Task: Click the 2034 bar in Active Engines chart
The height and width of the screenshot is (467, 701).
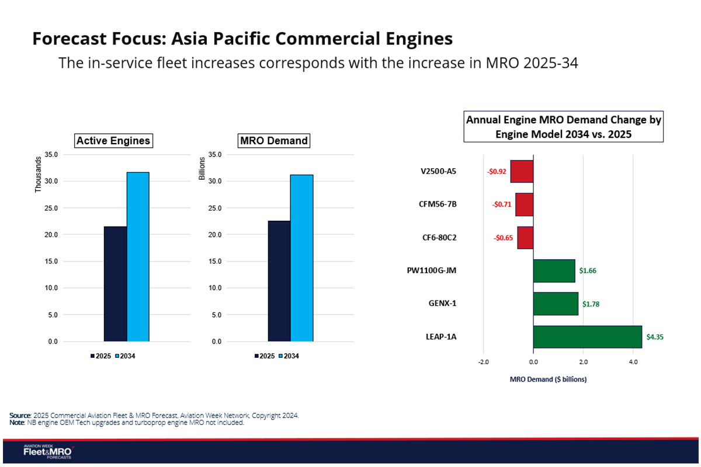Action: coord(138,257)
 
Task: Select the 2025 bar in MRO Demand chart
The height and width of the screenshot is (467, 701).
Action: coord(279,281)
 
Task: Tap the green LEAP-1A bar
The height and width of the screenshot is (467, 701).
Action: coord(587,337)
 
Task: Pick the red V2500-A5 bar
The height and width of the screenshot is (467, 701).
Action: coord(522,172)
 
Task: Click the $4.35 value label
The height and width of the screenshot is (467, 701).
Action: coord(655,337)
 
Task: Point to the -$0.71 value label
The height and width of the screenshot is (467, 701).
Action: coord(502,205)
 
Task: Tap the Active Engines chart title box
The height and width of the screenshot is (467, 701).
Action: coord(113,141)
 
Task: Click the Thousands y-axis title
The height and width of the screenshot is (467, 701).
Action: coord(39,175)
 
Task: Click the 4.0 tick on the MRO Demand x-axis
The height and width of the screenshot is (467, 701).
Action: coord(633,362)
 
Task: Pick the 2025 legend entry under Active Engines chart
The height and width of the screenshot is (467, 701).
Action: coord(102,356)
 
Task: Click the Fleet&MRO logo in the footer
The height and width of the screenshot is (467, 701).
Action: coord(47,452)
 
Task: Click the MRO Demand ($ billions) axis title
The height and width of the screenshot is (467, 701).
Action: coord(548,379)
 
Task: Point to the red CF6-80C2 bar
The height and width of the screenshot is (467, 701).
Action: coord(525,238)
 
